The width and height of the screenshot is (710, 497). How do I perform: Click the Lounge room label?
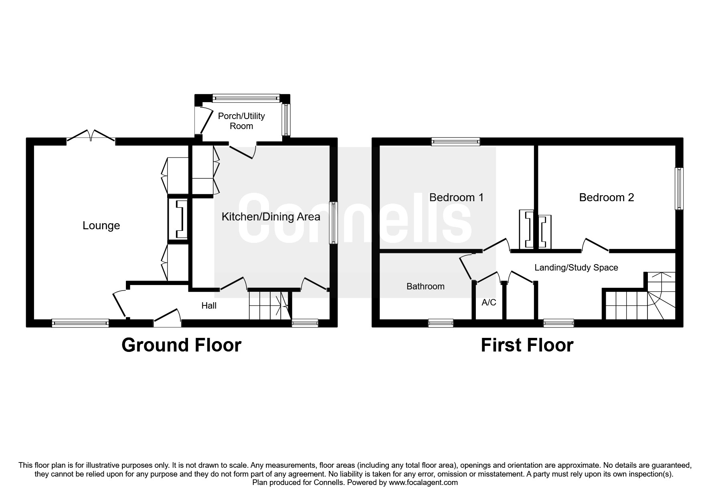click(x=101, y=226)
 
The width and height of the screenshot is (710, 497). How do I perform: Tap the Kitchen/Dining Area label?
click(x=271, y=217)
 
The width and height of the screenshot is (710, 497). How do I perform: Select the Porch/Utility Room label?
click(x=241, y=121)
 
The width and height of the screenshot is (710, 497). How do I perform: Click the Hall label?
click(x=209, y=306)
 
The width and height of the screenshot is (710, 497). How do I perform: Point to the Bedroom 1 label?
click(x=456, y=197)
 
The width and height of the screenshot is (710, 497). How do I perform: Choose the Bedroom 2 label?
click(x=606, y=197)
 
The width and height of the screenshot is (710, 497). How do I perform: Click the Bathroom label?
click(x=425, y=286)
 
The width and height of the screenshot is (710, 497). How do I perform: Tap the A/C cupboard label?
click(x=489, y=303)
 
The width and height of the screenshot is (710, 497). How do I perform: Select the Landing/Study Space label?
click(x=576, y=267)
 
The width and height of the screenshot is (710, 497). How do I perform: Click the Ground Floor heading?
click(x=181, y=345)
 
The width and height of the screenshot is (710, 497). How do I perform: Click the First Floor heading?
click(x=527, y=345)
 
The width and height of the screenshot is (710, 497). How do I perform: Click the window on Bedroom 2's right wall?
click(x=679, y=188)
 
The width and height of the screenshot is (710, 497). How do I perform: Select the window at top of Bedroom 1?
click(x=455, y=141)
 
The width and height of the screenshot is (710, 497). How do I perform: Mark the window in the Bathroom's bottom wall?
click(x=440, y=323)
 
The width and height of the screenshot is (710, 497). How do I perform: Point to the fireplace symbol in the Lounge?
click(x=178, y=220)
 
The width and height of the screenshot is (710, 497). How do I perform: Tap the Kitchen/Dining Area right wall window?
click(x=334, y=223)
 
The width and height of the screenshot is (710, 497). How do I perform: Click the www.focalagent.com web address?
click(x=423, y=483)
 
